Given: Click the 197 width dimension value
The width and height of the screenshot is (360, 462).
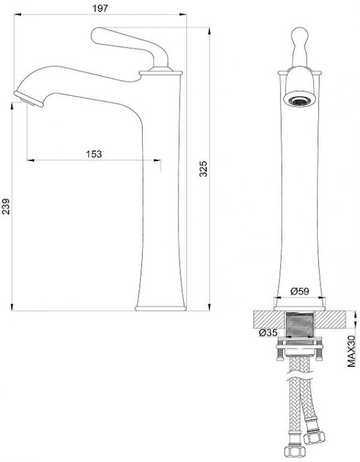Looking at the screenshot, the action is point(100,8).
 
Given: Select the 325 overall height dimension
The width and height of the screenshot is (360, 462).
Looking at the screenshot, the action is point(203,169).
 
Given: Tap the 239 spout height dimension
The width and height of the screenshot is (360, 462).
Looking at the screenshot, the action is point(5,206).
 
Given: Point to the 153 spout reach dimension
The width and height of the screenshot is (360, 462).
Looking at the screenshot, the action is point(94,154).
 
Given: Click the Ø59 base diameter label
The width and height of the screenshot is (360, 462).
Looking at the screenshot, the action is point(299,291).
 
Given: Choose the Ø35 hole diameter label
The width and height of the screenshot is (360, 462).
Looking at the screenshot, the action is point(268,333).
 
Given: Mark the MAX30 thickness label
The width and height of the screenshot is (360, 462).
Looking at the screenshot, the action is point(351,351).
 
